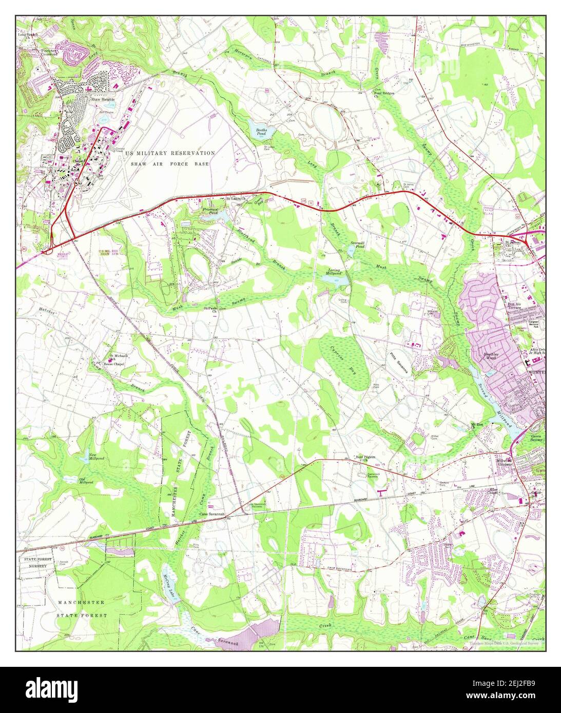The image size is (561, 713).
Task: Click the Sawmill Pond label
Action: click(x=357, y=244)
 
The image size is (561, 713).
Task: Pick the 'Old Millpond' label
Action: click(x=85, y=481)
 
